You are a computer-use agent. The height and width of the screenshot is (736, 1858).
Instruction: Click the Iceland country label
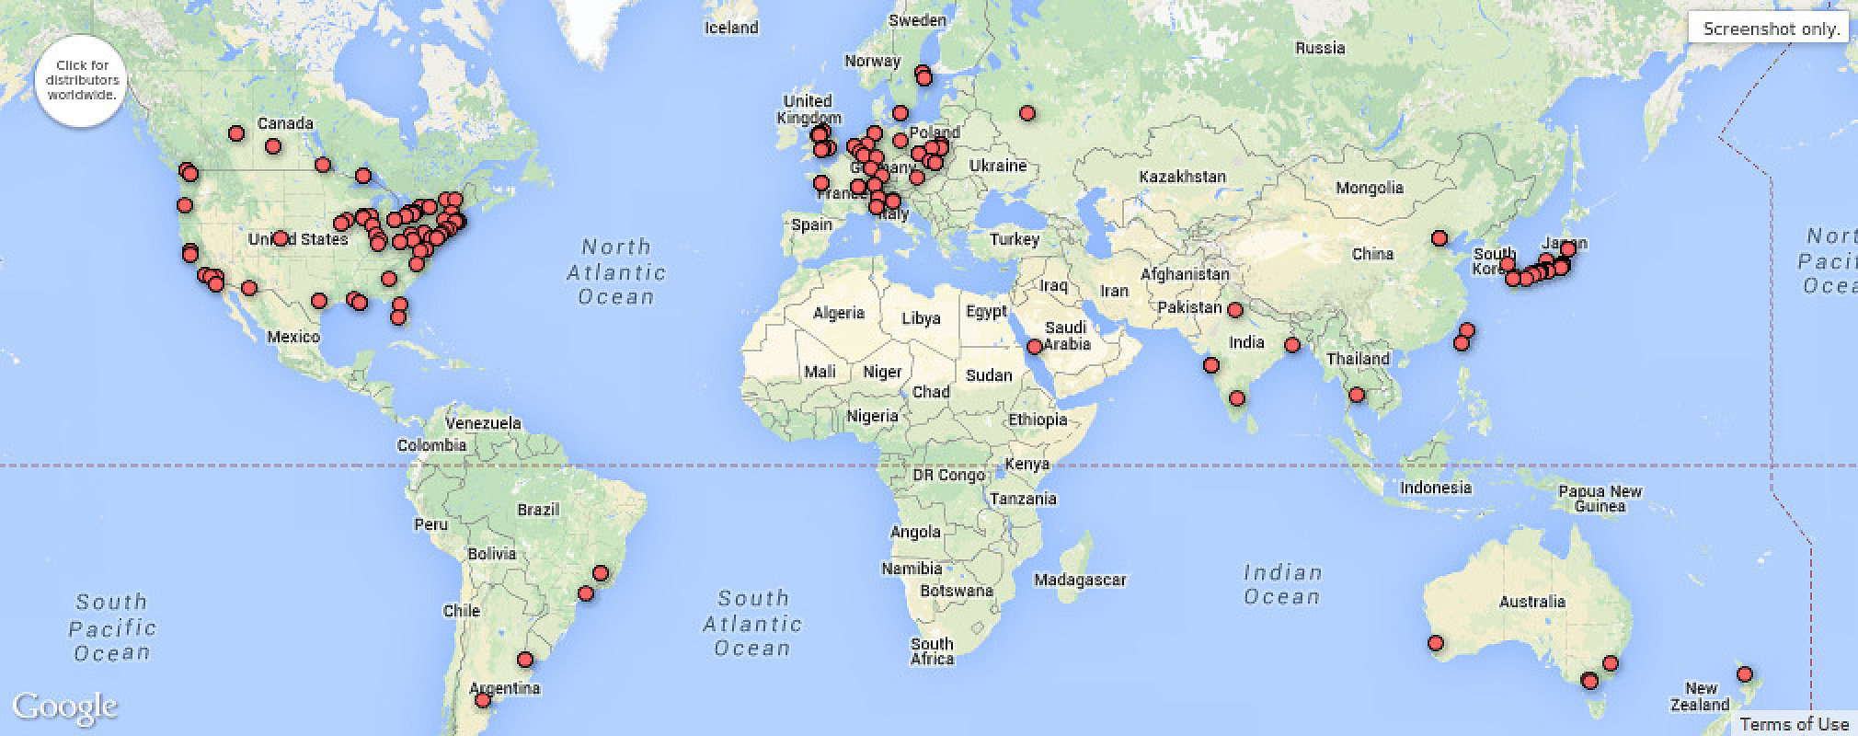(731, 28)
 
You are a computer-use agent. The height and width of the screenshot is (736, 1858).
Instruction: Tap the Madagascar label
(1080, 580)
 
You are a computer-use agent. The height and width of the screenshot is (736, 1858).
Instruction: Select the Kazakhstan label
(1182, 177)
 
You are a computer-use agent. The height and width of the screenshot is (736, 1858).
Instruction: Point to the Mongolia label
(1370, 188)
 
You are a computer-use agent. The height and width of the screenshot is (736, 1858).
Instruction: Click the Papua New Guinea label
(1600, 499)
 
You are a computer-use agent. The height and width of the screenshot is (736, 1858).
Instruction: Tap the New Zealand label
(1701, 696)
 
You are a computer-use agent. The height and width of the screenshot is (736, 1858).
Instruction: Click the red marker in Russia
(1027, 113)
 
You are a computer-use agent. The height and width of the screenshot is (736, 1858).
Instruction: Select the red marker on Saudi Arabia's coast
(1035, 347)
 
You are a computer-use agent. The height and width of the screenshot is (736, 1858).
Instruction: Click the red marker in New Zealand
(1744, 674)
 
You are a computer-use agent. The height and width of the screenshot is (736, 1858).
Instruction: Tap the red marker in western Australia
(1436, 643)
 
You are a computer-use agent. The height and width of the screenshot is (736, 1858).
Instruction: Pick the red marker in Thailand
(1357, 395)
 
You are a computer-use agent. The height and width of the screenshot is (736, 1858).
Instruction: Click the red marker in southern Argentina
(483, 701)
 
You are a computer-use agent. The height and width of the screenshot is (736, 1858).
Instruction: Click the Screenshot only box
(1770, 29)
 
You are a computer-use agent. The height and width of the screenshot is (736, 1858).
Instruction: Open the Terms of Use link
(1794, 724)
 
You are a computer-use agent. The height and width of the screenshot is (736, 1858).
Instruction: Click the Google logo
(64, 707)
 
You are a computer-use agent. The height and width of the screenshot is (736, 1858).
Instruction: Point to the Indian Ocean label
(1282, 585)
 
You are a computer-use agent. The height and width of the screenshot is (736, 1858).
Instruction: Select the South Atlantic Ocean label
(752, 624)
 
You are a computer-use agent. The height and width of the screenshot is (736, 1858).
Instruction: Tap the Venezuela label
(483, 423)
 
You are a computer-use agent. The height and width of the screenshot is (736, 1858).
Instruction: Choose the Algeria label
(839, 313)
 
